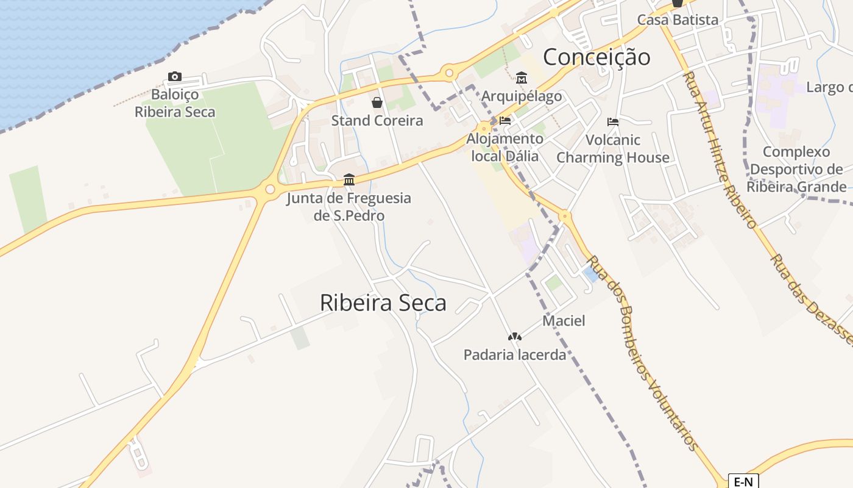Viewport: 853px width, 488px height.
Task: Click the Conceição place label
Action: [x=596, y=57]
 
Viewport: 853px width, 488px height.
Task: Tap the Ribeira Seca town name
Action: [x=383, y=303]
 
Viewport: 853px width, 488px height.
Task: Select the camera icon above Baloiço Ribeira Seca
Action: [x=175, y=77]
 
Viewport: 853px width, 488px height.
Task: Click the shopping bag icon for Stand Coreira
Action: [x=377, y=102]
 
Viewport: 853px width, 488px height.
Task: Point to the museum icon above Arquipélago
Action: [x=522, y=78]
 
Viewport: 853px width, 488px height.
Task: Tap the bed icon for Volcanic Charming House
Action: [x=613, y=122]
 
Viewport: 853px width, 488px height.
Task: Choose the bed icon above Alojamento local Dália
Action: [x=504, y=121]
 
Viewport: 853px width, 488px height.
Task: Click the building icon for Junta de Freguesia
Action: [x=349, y=180]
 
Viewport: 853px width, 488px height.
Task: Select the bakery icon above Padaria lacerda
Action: [x=515, y=337]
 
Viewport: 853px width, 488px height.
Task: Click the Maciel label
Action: [x=564, y=321]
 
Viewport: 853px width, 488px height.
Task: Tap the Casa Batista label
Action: [x=678, y=20]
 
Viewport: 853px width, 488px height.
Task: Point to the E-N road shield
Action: [x=743, y=482]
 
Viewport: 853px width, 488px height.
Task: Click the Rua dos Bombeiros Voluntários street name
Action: [x=642, y=353]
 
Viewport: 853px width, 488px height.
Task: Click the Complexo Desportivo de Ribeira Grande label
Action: [x=797, y=169]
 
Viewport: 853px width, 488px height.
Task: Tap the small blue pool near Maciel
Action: [x=590, y=274]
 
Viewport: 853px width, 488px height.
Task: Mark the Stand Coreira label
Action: [x=377, y=121]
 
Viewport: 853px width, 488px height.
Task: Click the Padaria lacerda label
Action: [x=515, y=354]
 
